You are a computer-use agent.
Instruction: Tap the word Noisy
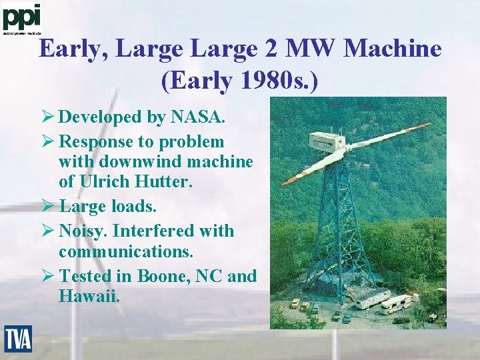tap(82, 231)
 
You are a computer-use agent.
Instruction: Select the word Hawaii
tap(89, 295)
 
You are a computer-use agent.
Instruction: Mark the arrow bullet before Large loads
tap(49, 206)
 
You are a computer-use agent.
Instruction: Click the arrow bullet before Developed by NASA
tap(49, 117)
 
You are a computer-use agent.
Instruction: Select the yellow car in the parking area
tap(295, 303)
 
